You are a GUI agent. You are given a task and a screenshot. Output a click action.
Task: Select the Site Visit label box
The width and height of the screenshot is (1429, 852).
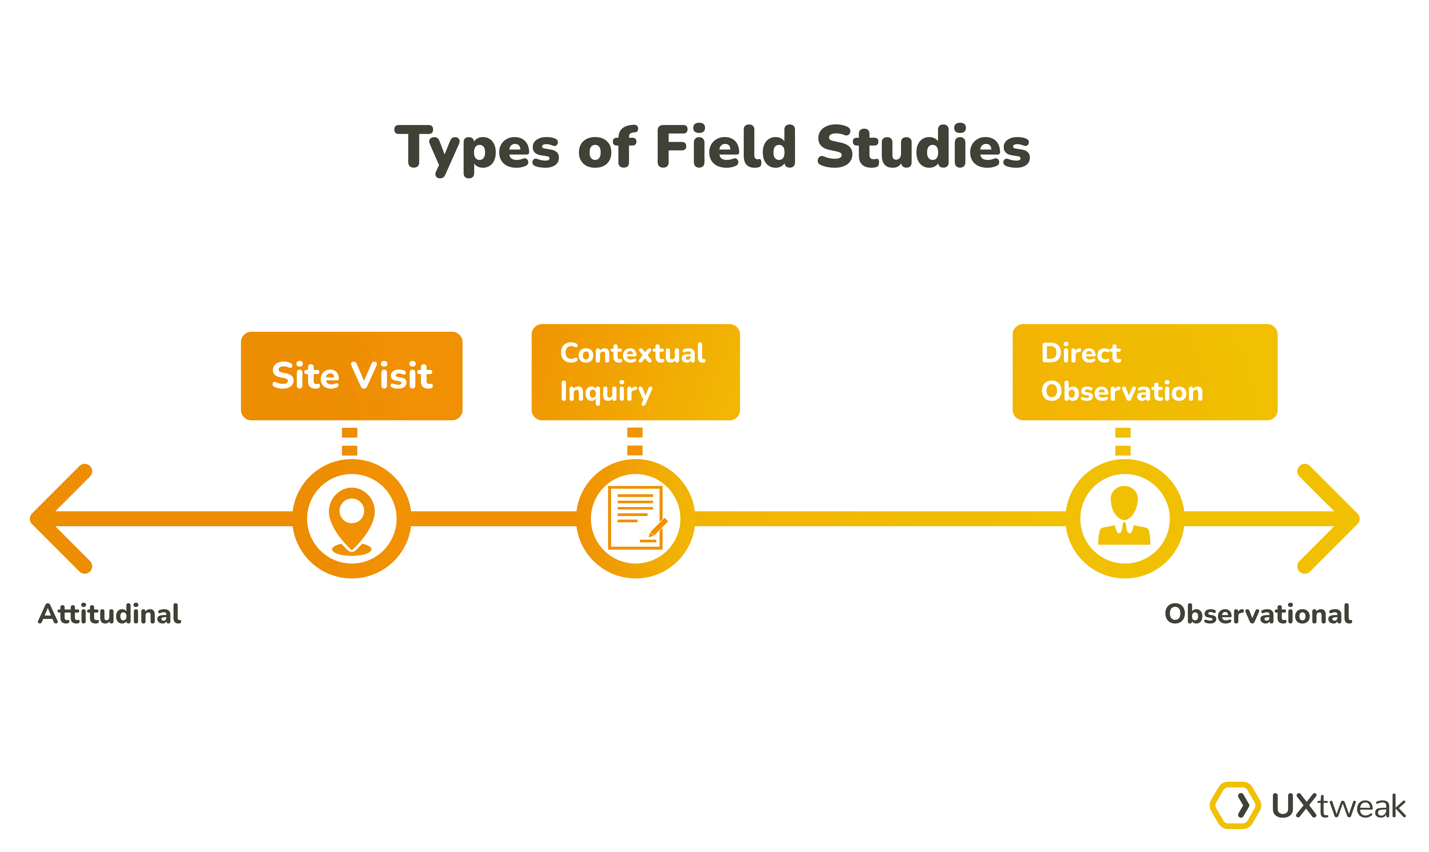coord(352,376)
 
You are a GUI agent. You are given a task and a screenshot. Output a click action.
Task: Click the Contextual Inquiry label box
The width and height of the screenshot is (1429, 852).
coord(636,372)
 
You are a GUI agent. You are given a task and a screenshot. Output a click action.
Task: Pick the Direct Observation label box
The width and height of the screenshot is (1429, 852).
coord(1144,372)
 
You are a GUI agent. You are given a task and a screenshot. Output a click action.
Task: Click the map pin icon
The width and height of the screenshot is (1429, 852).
coord(352,520)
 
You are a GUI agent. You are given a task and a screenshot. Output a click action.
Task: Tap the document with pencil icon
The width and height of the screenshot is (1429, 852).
coord(636,518)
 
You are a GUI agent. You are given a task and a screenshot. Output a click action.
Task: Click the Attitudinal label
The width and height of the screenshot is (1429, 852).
coord(110,614)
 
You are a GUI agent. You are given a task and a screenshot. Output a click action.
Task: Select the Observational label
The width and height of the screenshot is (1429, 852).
coord(1258,614)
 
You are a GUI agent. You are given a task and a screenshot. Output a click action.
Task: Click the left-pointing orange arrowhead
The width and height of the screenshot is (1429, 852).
coord(60,518)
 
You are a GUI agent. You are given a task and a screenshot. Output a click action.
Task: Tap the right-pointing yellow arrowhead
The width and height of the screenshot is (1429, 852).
coord(1330,518)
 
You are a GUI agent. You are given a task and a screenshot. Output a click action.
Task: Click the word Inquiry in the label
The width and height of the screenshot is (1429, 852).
coord(606,392)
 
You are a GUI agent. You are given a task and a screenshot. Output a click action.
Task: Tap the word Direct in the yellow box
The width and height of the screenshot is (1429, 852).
coord(1081,353)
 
